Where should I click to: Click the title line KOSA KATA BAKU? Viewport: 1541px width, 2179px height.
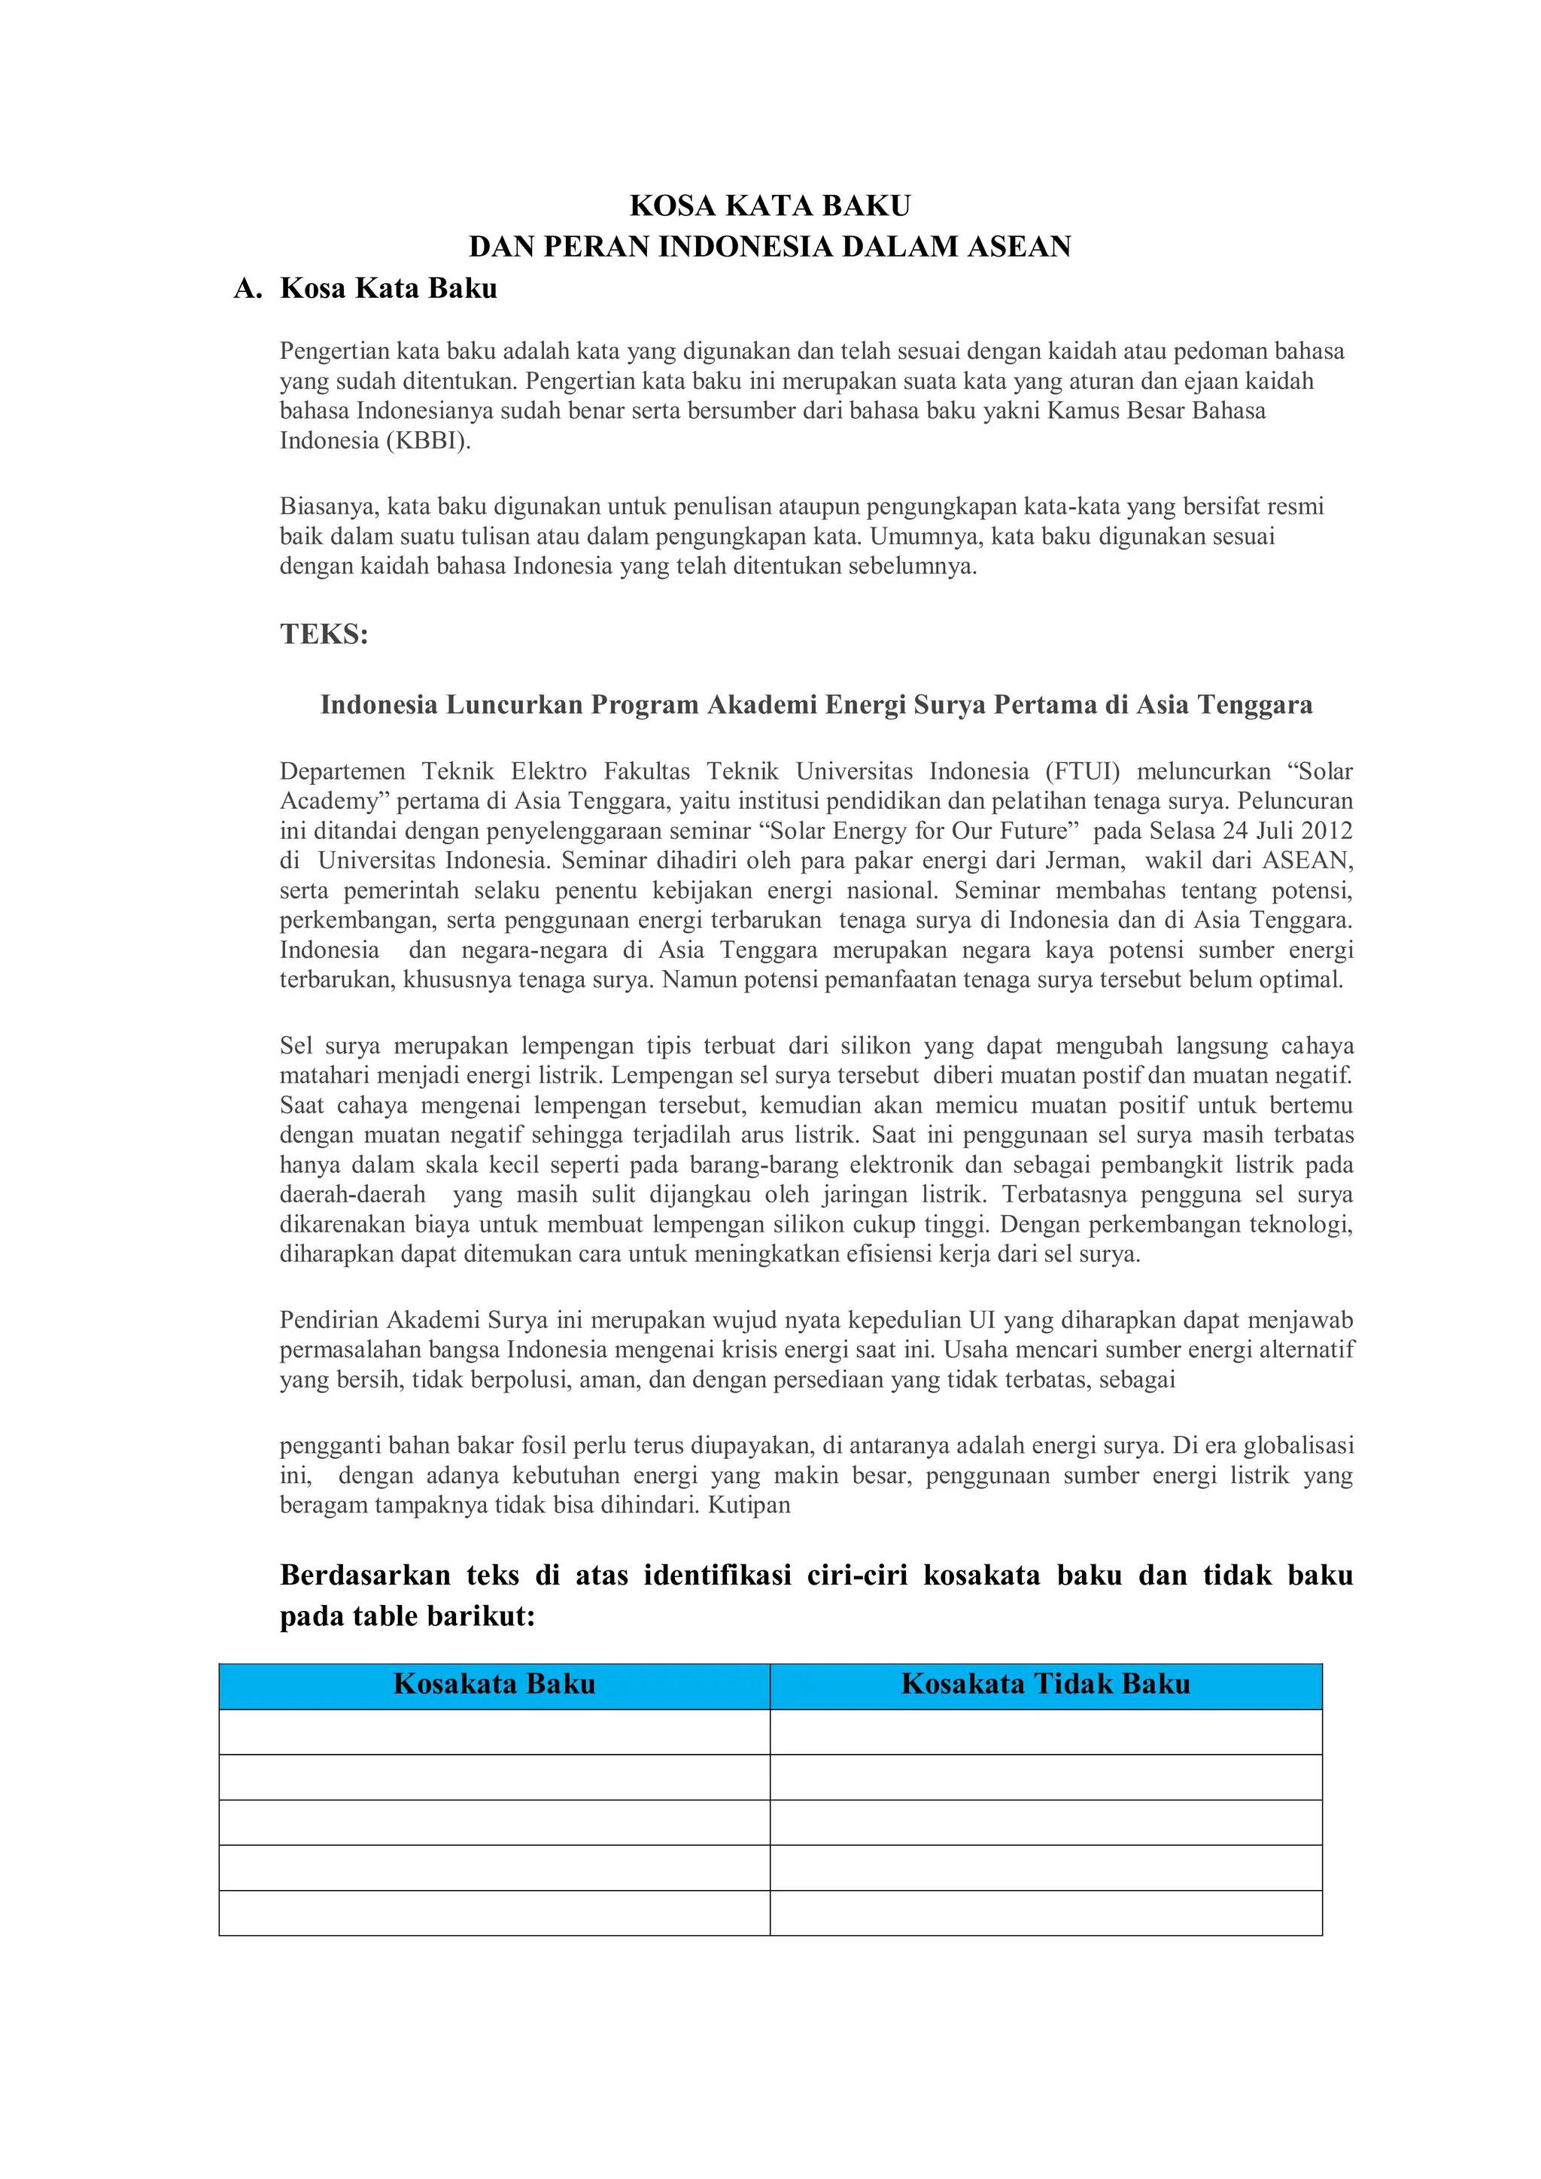tap(770, 206)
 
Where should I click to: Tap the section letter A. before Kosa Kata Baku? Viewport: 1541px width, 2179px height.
tap(248, 288)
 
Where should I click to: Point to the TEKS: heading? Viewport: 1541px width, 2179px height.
tap(324, 634)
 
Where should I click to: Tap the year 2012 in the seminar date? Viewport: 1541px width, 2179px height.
tap(1327, 831)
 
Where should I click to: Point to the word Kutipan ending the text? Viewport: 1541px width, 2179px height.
tap(749, 1505)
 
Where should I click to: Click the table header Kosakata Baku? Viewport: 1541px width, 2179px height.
tap(494, 1685)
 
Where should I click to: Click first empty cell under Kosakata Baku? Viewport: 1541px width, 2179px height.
tap(494, 1732)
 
